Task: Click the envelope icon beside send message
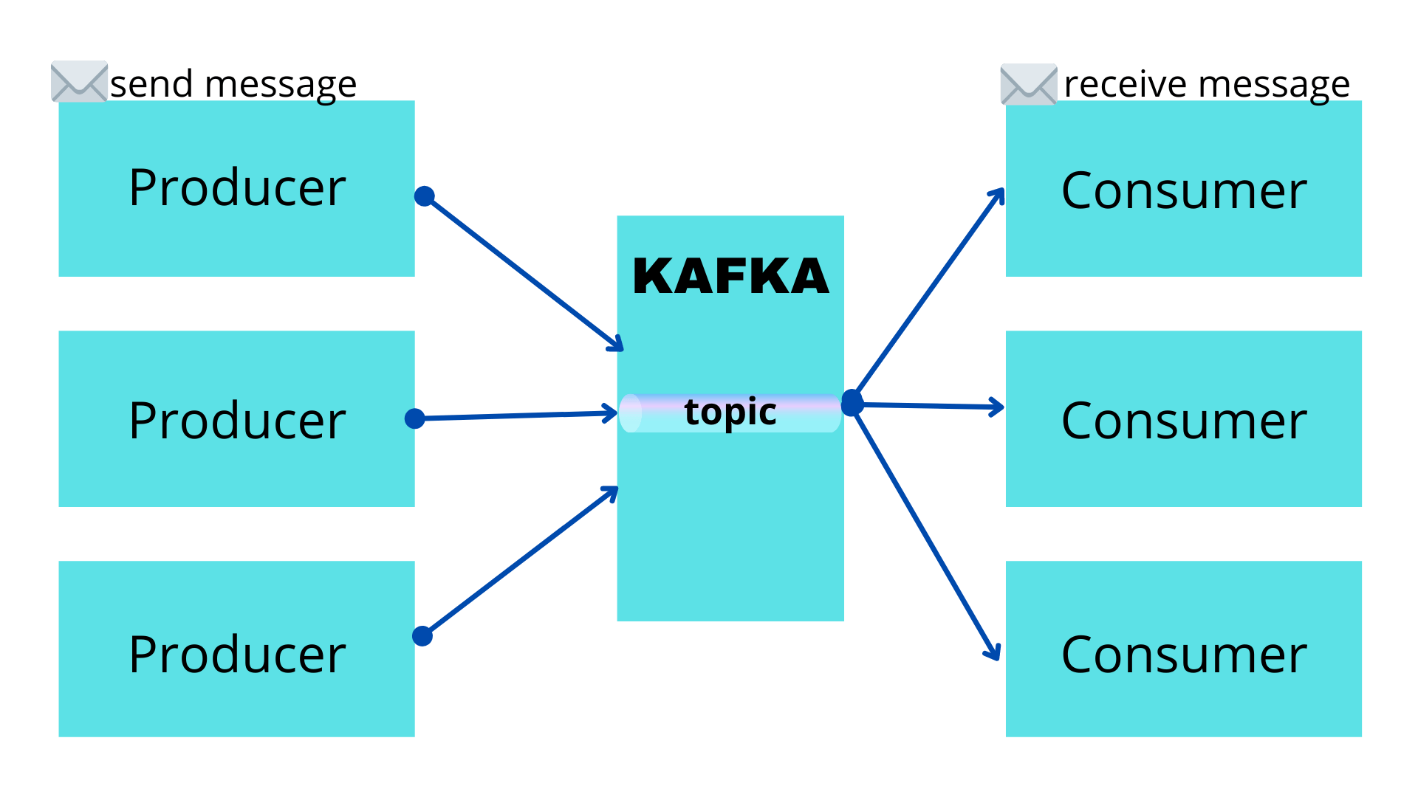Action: click(79, 81)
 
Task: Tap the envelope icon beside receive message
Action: click(1028, 84)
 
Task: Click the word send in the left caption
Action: click(151, 84)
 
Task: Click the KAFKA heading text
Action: click(730, 277)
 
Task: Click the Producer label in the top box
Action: click(237, 188)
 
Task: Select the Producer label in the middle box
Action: click(237, 421)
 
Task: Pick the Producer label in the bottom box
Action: click(237, 655)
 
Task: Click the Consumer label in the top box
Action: click(1183, 191)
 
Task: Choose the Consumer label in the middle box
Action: click(1183, 421)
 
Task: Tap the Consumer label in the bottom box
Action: click(1183, 655)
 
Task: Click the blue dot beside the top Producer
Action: click(425, 196)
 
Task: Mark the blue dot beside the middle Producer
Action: click(415, 418)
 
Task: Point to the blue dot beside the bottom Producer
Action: click(422, 635)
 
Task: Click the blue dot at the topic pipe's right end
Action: click(852, 403)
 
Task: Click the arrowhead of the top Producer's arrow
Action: click(617, 344)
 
